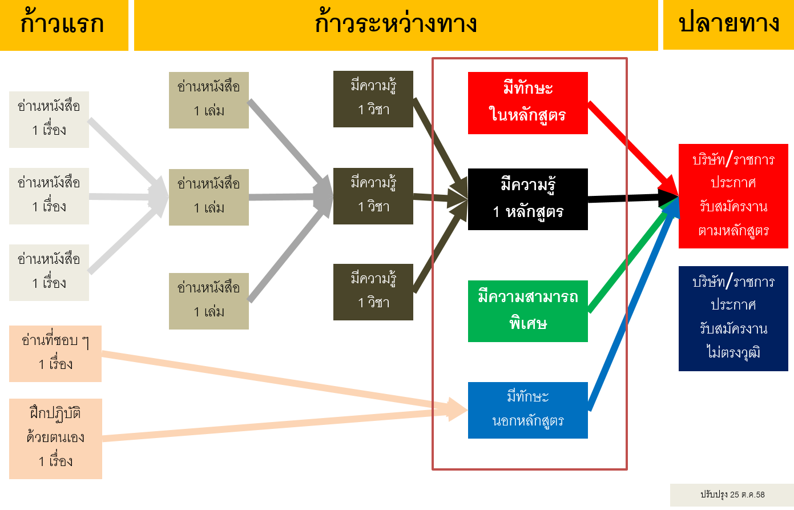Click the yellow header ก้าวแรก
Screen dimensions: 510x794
coord(64,25)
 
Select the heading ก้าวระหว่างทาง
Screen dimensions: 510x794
coord(396,25)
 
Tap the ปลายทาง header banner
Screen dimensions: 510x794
coord(728,25)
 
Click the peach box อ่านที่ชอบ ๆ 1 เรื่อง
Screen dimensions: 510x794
coord(55,354)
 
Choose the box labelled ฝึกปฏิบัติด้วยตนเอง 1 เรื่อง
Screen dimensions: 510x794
coord(55,438)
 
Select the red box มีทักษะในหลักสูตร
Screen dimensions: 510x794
coord(527,103)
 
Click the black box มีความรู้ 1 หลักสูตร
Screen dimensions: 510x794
coord(527,199)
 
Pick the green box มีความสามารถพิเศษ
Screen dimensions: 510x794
coord(527,311)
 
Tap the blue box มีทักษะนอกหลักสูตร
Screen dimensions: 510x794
coord(527,410)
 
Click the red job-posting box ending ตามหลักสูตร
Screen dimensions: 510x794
coord(733,196)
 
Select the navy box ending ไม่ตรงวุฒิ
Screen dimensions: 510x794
coord(733,318)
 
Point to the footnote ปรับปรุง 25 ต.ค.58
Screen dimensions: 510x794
coord(732,495)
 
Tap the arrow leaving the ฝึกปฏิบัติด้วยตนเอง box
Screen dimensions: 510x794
coord(274,425)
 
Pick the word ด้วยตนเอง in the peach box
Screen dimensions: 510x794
coord(55,437)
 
